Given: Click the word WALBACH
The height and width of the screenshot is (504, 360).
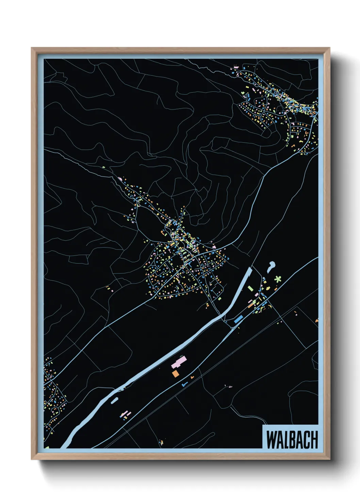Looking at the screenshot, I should pos(292,440).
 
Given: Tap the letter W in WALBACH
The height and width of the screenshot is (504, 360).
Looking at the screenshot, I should pos(271,440).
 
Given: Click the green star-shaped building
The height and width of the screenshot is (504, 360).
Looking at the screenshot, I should pos(278,279).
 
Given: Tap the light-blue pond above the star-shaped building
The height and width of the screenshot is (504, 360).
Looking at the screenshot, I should pos(271,266).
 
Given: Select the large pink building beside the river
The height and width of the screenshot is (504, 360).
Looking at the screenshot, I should pos(179,362).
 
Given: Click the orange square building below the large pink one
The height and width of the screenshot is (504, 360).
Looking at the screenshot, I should pos(175,374).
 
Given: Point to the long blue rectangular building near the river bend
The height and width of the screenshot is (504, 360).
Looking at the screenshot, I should pos(239,319).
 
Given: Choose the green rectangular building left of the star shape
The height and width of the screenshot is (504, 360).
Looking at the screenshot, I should pos(250,288).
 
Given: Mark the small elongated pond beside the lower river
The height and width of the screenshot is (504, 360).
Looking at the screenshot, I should pos(114,400).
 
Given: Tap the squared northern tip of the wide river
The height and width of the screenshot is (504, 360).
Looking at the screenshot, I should pos(249,269).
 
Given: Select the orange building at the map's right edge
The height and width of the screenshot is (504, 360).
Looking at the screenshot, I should pos(317,320).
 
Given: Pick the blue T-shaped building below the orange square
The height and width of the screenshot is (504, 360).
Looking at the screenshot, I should pos(184,384).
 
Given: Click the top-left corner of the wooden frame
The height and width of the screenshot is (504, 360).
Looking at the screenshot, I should pos(32,48).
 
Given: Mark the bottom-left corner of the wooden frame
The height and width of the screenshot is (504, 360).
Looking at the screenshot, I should pos(32,459).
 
